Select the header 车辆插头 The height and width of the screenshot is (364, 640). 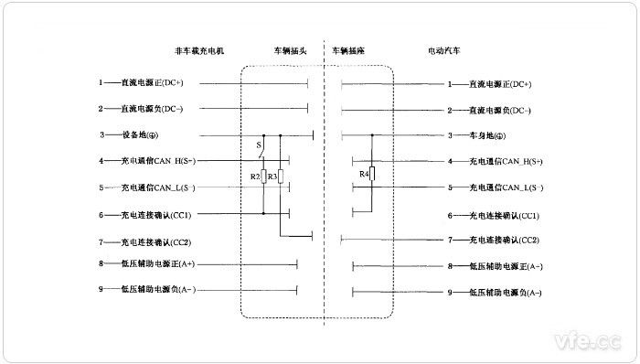click(291, 52)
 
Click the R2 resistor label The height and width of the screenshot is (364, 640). click(256, 176)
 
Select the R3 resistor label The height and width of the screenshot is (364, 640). click(272, 176)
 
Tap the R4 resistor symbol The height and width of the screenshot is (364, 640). click(372, 174)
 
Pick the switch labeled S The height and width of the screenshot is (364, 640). click(259, 145)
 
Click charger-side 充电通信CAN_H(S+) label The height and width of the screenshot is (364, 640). click(157, 162)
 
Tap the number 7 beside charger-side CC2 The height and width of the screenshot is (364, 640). click(101, 242)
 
